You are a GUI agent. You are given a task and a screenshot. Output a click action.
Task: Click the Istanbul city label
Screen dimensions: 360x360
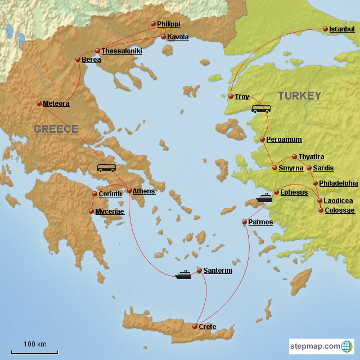pyautogui.click(x=343, y=29)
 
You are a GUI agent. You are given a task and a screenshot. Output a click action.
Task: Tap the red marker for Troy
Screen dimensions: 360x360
pyautogui.click(x=231, y=97)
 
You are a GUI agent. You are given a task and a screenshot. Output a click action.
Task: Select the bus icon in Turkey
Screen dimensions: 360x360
pyautogui.click(x=260, y=109)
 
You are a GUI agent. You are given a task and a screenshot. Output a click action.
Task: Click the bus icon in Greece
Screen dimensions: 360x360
pyautogui.click(x=106, y=168)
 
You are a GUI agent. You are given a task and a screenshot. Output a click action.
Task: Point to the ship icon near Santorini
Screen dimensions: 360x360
pyautogui.click(x=183, y=275)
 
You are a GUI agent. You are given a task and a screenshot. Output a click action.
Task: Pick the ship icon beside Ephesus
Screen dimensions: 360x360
pyautogui.click(x=264, y=197)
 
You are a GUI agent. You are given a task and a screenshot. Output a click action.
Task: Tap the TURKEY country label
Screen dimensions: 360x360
pyautogui.click(x=299, y=96)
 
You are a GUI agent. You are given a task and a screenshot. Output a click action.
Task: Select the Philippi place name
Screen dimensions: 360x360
pyautogui.click(x=169, y=24)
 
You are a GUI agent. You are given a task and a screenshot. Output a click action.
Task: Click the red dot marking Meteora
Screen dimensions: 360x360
pyautogui.click(x=38, y=103)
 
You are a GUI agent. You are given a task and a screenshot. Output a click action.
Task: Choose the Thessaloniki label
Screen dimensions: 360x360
pyautogui.click(x=121, y=51)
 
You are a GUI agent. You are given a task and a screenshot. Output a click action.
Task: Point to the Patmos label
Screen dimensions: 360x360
pyautogui.click(x=260, y=222)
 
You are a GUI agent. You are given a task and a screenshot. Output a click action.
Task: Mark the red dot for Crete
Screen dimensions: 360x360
pyautogui.click(x=194, y=326)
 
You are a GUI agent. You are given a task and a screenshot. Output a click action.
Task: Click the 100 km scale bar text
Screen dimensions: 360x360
pyautogui.click(x=35, y=344)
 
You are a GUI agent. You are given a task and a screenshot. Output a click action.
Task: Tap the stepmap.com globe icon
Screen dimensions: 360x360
pyautogui.click(x=348, y=346)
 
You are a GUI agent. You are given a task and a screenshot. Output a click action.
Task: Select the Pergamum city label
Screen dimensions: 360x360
pyautogui.click(x=285, y=139)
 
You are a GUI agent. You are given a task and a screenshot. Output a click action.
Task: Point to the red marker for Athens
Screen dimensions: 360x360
pyautogui.click(x=128, y=191)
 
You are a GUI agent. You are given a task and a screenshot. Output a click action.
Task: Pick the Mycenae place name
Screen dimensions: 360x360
pyautogui.click(x=109, y=211)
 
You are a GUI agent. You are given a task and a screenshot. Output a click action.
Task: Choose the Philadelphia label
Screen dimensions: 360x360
pyautogui.click(x=338, y=183)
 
